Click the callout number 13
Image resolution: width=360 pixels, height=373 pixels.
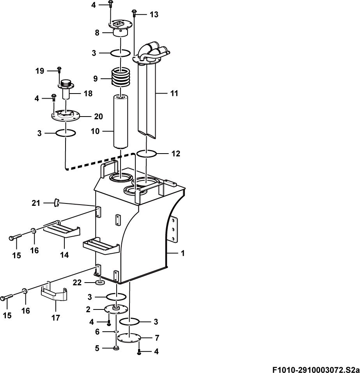[154, 14]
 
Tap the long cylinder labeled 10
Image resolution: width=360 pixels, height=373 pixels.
[121, 122]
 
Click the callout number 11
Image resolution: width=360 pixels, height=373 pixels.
[174, 93]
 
